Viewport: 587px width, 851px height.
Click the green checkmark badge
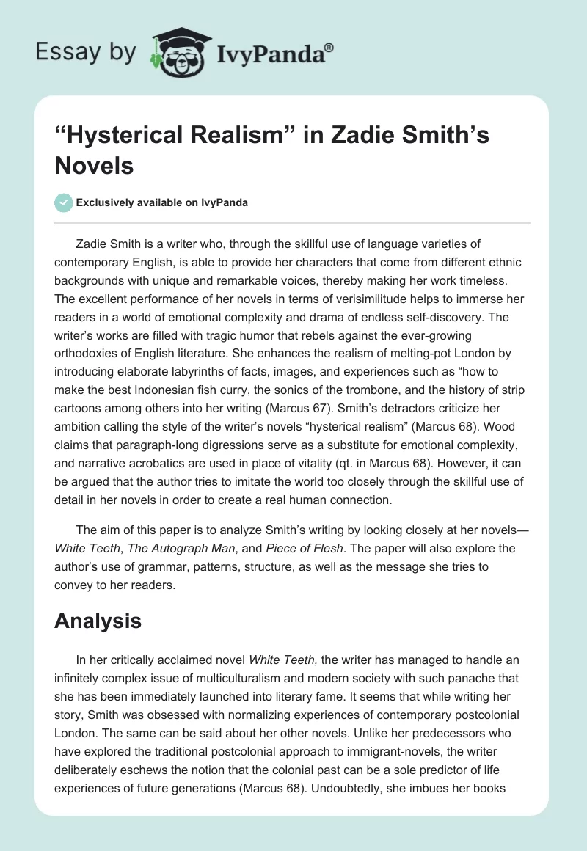(x=63, y=202)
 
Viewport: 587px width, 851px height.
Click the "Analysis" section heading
(x=98, y=621)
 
